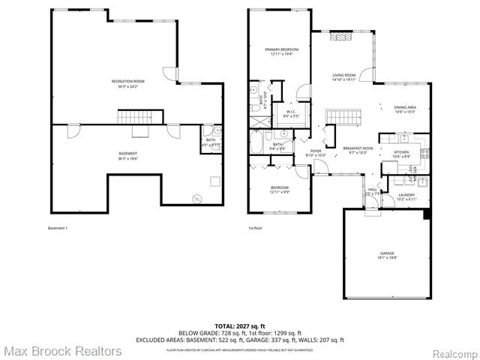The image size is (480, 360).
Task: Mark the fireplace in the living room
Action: pyautogui.click(x=342, y=36)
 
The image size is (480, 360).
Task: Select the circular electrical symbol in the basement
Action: pyautogui.click(x=197, y=198)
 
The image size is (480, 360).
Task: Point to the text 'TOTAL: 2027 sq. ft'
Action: pyautogui.click(x=239, y=325)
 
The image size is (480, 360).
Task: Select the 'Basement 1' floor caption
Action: pyautogui.click(x=58, y=228)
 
